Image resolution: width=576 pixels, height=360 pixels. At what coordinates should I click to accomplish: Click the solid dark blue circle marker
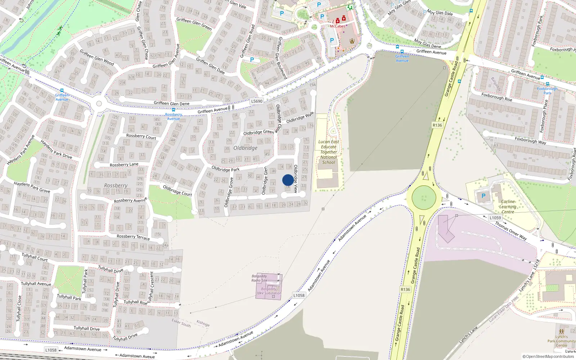pyautogui.click(x=288, y=180)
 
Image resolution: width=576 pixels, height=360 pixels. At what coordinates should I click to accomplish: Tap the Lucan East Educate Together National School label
pyautogui.click(x=329, y=152)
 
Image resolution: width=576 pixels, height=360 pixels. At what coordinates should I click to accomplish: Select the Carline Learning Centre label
pyautogui.click(x=508, y=207)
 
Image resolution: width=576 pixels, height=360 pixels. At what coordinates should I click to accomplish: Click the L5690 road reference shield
pyautogui.click(x=257, y=101)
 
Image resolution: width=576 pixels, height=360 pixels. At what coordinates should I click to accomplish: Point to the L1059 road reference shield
pyautogui.click(x=495, y=218)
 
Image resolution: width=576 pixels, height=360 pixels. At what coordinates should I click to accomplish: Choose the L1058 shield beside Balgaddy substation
pyautogui.click(x=299, y=295)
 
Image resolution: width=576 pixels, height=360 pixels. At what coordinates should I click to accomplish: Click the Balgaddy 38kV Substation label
pyautogui.click(x=269, y=291)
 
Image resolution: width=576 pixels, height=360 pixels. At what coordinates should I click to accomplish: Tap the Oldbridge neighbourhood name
pyautogui.click(x=245, y=148)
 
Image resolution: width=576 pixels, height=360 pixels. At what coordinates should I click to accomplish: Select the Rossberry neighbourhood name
pyautogui.click(x=116, y=185)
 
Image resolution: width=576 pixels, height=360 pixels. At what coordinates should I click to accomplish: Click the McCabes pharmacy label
pyautogui.click(x=337, y=26)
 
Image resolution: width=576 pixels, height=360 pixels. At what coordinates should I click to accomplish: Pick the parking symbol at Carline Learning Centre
pyautogui.click(x=483, y=196)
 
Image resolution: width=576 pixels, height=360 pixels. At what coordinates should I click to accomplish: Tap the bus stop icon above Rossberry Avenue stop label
pyautogui.click(x=173, y=110)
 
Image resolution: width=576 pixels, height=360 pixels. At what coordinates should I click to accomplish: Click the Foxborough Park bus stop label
pyautogui.click(x=547, y=91)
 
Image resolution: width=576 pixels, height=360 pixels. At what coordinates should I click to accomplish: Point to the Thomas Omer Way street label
pyautogui.click(x=510, y=231)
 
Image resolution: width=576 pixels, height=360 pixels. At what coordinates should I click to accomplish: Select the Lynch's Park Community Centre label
pyautogui.click(x=561, y=341)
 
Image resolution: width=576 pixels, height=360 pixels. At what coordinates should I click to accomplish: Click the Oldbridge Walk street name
pyautogui.click(x=300, y=118)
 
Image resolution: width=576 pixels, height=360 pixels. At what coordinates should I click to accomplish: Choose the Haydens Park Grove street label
pyautogui.click(x=32, y=187)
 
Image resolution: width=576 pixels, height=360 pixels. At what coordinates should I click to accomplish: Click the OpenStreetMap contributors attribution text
pyautogui.click(x=548, y=356)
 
